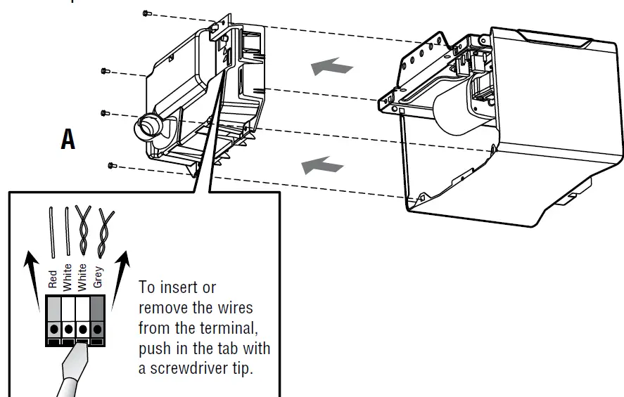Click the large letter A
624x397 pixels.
(68, 139)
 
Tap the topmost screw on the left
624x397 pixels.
(145, 13)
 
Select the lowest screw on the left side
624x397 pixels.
(111, 165)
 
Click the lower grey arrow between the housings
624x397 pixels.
(322, 166)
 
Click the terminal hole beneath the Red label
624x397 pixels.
(53, 329)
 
